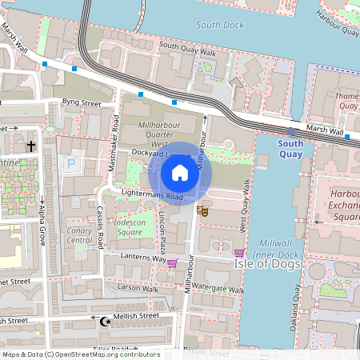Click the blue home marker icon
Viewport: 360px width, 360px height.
[x=180, y=173]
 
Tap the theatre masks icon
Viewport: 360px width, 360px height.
[x=202, y=211]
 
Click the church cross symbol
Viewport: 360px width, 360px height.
[x=31, y=146]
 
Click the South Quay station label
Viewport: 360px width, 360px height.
[x=290, y=148]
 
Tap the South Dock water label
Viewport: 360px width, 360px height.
[x=219, y=26]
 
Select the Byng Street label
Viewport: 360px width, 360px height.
[x=82, y=103]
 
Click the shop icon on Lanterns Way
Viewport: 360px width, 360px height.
[x=172, y=262]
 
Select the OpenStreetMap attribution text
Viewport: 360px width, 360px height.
[x=81, y=354]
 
